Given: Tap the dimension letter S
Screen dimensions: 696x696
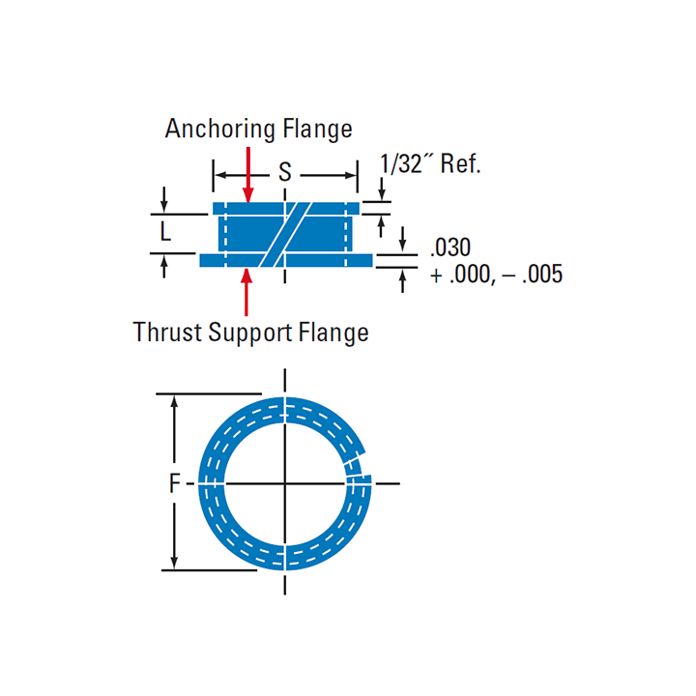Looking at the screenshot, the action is [285, 172].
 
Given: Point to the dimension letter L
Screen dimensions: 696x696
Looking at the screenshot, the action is [165, 231].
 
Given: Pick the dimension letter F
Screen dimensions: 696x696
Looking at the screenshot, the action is [175, 483].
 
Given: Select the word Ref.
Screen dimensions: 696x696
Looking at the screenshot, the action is [460, 163].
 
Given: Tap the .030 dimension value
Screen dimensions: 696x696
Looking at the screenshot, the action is [450, 247].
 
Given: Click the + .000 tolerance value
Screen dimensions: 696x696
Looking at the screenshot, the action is [462, 275].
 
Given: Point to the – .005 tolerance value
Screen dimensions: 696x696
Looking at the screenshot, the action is [533, 275].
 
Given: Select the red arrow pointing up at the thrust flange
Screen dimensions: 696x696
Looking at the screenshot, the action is [246, 292].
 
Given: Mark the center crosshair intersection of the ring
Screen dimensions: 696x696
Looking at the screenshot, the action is [285, 483].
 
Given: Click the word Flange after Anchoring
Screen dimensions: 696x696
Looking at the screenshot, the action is [317, 130].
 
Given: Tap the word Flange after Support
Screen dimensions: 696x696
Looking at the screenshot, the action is [333, 333].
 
